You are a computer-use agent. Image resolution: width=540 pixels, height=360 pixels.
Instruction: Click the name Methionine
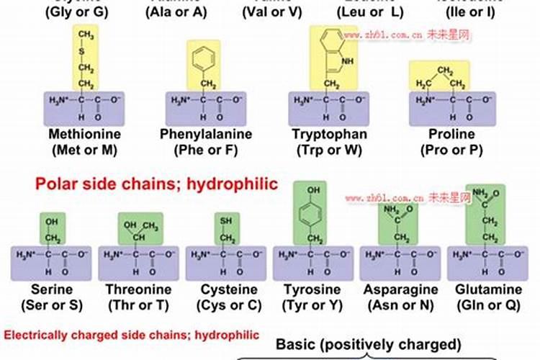85,135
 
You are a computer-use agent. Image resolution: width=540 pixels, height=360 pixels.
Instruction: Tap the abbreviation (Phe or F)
205,150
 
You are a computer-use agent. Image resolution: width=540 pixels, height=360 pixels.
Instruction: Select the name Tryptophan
330,135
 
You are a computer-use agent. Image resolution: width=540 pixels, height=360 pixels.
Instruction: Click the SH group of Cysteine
228,221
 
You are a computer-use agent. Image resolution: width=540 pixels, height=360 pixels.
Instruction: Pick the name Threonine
139,289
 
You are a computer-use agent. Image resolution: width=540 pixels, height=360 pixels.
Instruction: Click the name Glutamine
489,289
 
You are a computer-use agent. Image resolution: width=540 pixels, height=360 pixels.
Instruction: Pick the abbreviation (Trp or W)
330,150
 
